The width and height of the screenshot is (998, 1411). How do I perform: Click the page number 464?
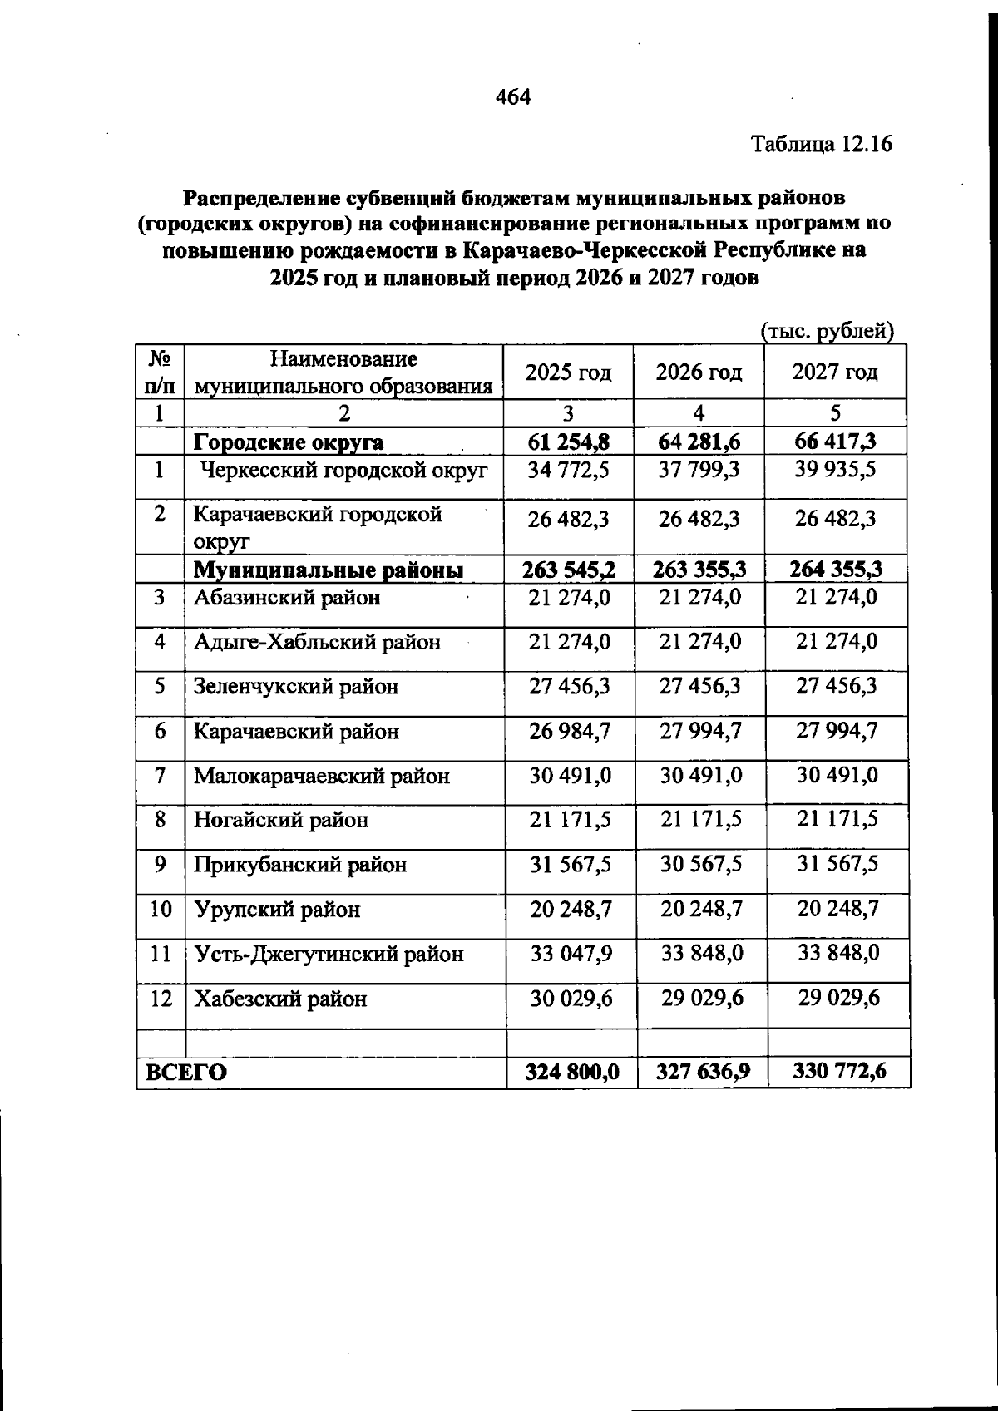pyautogui.click(x=512, y=97)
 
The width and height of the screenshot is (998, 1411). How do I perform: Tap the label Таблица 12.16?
pyautogui.click(x=821, y=144)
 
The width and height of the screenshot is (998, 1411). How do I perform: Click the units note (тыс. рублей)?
pyautogui.click(x=827, y=331)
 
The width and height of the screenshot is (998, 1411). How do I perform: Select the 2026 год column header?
pyautogui.click(x=699, y=372)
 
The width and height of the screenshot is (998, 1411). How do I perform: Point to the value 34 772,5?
pyautogui.click(x=569, y=471)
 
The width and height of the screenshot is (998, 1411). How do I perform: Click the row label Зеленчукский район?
pyautogui.click(x=296, y=687)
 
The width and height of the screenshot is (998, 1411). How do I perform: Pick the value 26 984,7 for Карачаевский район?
pyautogui.click(x=570, y=732)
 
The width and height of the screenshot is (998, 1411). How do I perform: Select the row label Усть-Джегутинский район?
pyautogui.click(x=329, y=954)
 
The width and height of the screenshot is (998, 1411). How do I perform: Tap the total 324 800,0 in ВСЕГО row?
pyautogui.click(x=572, y=1072)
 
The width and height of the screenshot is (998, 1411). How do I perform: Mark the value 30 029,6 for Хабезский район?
pyautogui.click(x=571, y=999)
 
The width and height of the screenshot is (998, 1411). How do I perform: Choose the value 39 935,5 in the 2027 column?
pyautogui.click(x=835, y=470)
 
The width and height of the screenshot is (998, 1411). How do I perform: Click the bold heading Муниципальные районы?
pyautogui.click(x=328, y=570)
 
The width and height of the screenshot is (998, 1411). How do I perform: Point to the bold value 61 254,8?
pyautogui.click(x=569, y=442)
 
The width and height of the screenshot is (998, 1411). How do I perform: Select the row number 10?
pyautogui.click(x=161, y=909)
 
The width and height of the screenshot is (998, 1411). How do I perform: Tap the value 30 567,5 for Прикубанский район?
pyautogui.click(x=701, y=865)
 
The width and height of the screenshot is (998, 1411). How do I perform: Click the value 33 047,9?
pyautogui.click(x=571, y=954)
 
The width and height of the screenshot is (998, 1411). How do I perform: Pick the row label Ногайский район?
pyautogui.click(x=281, y=821)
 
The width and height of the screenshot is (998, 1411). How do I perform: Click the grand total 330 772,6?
pyautogui.click(x=839, y=1071)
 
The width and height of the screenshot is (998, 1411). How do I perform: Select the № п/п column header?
pyautogui.click(x=160, y=372)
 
